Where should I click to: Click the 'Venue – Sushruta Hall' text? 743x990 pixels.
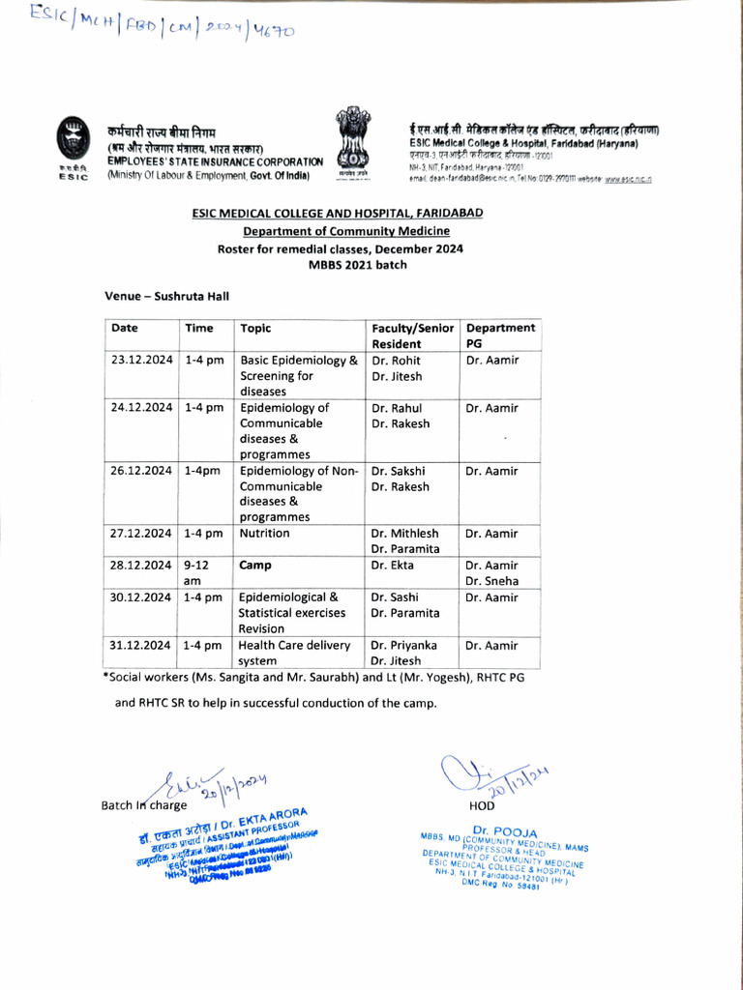(166, 296)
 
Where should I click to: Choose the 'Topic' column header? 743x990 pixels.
(256, 328)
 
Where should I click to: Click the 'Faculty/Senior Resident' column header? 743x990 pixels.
(413, 335)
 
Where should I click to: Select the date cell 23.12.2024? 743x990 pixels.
(141, 361)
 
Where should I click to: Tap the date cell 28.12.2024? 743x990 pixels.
(141, 565)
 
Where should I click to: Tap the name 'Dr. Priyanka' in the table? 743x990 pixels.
(404, 645)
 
